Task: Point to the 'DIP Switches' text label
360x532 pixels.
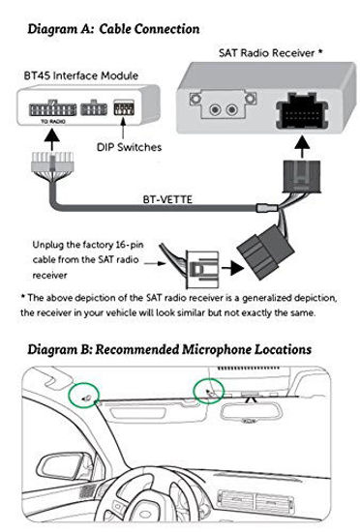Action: [129, 147]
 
